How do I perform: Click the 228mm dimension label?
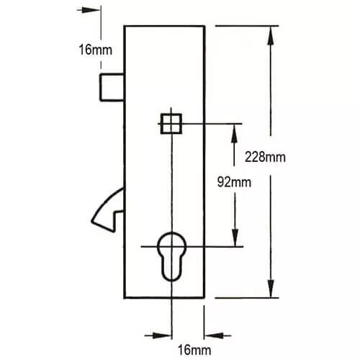pyautogui.click(x=265, y=158)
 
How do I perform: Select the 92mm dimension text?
pyautogui.click(x=234, y=182)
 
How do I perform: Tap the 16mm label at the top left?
pyautogui.click(x=95, y=50)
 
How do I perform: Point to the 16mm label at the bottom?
pyautogui.click(x=194, y=350)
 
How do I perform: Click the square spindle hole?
pyautogui.click(x=171, y=124)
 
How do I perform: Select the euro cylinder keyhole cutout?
pyautogui.click(x=171, y=256)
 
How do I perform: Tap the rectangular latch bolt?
pyautogui.click(x=112, y=87)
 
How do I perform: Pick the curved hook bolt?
pyautogui.click(x=107, y=210)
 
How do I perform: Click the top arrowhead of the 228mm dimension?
pyautogui.click(x=271, y=35)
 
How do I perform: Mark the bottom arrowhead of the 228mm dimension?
pyautogui.click(x=271, y=289)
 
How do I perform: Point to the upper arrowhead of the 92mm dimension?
pyautogui.click(x=234, y=133)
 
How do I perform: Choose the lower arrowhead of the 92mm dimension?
pyautogui.click(x=235, y=237)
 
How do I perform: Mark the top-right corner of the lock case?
pyautogui.click(x=204, y=26)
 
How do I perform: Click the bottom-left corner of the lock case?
pyautogui.click(x=125, y=298)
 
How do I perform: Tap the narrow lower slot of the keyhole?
pyautogui.click(x=171, y=269)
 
